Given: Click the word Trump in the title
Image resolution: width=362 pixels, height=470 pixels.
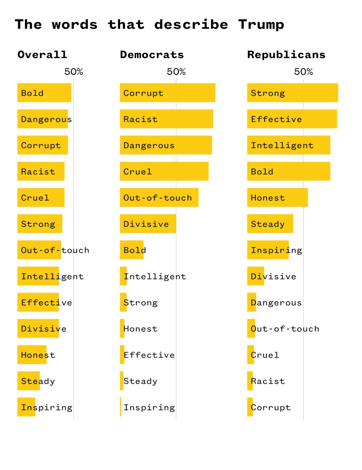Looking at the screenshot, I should (x=261, y=25).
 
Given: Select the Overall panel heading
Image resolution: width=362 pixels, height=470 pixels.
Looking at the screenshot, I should (x=42, y=55).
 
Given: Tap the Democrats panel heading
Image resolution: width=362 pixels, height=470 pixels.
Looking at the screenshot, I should (x=152, y=55).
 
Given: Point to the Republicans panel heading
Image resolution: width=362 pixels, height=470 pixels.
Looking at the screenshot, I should (x=286, y=55).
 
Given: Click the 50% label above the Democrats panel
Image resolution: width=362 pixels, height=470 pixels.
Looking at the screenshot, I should (x=176, y=72).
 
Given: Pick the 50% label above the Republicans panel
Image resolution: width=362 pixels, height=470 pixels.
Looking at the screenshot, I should (x=303, y=72).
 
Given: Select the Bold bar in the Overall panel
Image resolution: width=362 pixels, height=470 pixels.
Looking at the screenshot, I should (x=44, y=93).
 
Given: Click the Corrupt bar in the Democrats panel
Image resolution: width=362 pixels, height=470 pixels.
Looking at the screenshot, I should (x=167, y=93).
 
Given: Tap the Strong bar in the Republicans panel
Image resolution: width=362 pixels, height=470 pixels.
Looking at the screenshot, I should (x=292, y=93).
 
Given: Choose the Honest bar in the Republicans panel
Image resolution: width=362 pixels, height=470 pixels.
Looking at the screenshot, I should (x=277, y=197).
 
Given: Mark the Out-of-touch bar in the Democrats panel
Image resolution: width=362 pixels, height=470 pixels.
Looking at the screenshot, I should (x=159, y=197).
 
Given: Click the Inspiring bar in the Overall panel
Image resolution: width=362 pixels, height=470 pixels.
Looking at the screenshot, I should (x=26, y=407).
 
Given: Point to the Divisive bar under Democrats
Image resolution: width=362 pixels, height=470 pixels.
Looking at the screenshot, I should (x=148, y=224).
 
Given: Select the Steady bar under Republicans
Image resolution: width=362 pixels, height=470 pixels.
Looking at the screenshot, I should (x=270, y=224).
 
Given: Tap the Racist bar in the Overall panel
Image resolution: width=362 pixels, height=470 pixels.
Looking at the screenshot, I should (x=41, y=171).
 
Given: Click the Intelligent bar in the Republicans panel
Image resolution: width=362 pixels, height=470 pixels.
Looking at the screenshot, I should (x=288, y=145).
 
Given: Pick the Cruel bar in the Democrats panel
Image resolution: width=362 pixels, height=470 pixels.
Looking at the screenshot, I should (x=164, y=171).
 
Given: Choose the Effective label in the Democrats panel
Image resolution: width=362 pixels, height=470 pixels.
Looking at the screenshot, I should (x=149, y=355).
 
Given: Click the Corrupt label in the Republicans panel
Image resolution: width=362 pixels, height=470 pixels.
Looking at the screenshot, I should (x=271, y=407).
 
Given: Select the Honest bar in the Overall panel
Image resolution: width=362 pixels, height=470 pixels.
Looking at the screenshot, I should (x=32, y=355).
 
